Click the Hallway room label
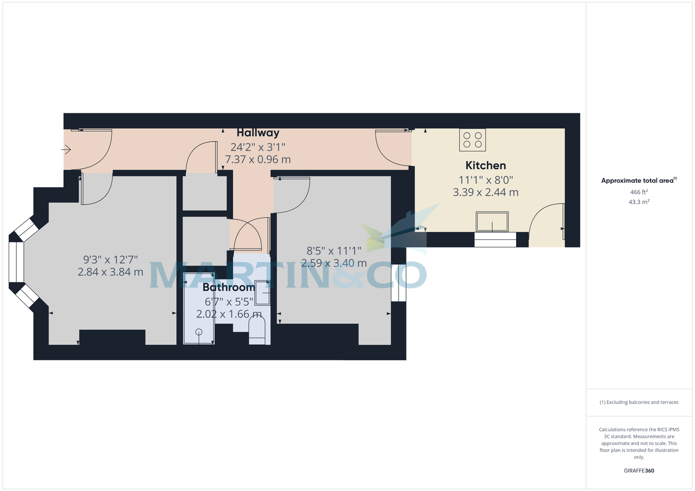[258, 133]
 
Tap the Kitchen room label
[485, 165]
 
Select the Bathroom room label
[229, 287]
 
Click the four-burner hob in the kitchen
[473, 139]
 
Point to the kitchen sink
[492, 221]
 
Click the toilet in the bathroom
[257, 333]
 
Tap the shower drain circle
[199, 332]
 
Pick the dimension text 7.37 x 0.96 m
[258, 159]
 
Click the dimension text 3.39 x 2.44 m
[485, 192]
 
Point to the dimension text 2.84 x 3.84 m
[110, 272]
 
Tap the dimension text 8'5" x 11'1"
[334, 250]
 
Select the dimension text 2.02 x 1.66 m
[229, 315]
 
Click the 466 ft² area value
[639, 192]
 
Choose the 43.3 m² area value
[639, 202]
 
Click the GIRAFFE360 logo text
[639, 471]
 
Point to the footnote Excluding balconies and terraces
[639, 402]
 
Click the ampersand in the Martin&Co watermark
[354, 275]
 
